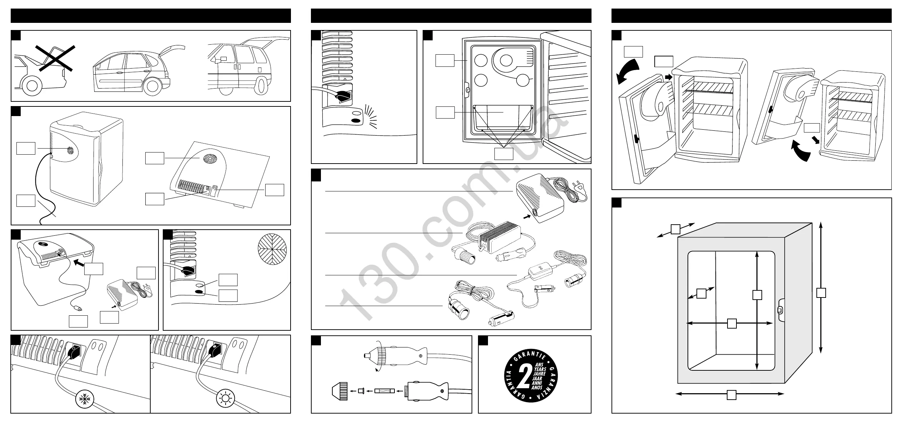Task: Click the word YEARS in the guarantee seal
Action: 540,369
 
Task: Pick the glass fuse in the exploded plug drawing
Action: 385,391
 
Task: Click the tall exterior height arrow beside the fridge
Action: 821,287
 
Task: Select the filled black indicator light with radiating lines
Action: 356,120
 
